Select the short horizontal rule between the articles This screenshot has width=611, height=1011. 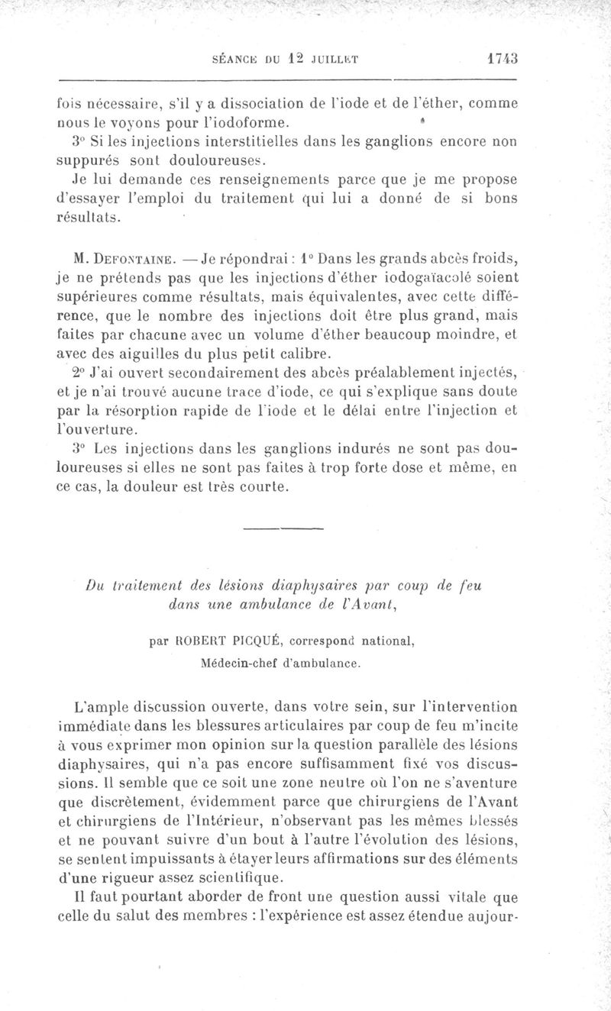point(283,528)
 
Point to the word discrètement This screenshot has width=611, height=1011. point(137,803)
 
